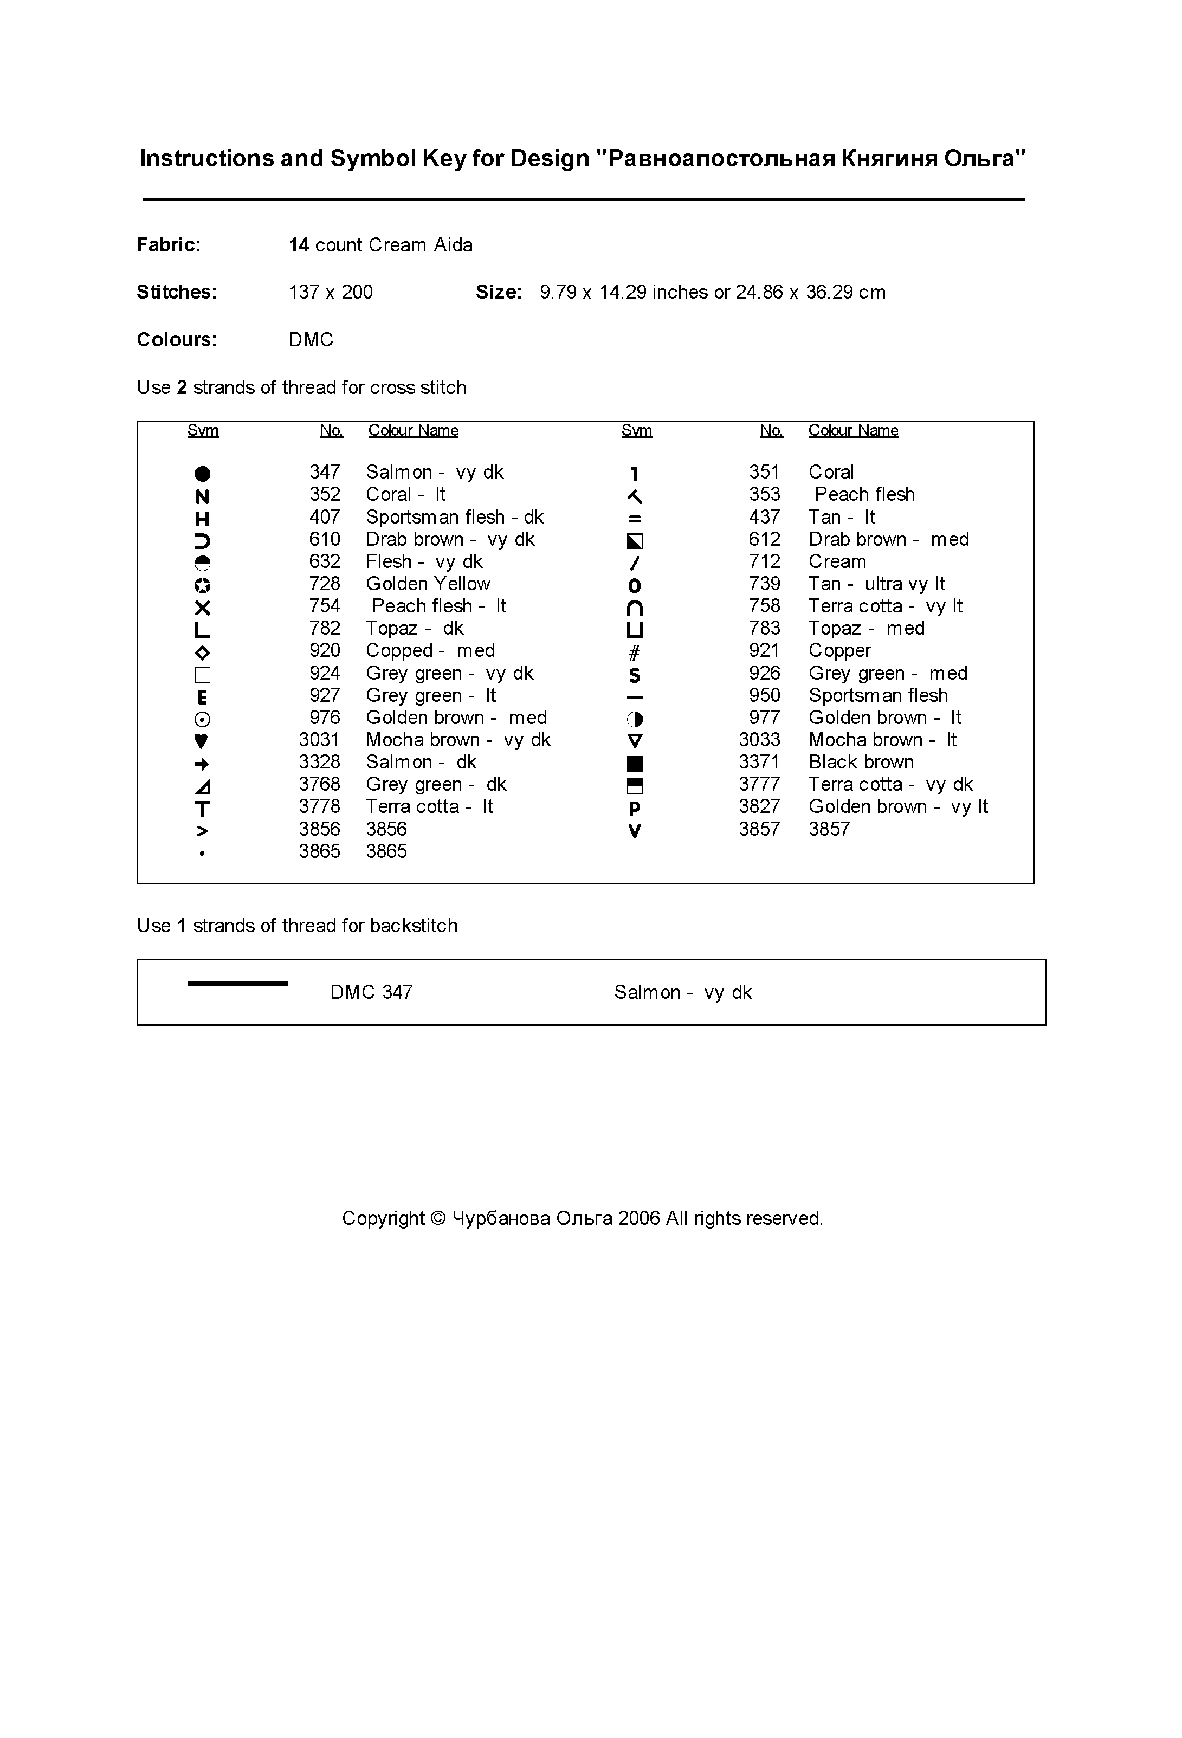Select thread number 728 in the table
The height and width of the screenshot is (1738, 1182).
click(x=324, y=584)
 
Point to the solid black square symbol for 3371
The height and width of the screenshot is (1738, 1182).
click(x=635, y=764)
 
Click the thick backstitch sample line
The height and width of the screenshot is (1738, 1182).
click(x=237, y=984)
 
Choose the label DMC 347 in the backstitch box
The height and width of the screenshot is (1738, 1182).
click(x=371, y=992)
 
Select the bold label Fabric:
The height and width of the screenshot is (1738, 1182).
click(x=169, y=245)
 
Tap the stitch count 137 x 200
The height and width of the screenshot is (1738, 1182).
click(x=331, y=293)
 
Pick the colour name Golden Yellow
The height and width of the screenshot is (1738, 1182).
click(x=428, y=584)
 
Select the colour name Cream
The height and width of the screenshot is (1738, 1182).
click(x=837, y=561)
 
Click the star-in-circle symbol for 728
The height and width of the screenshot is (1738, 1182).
click(x=202, y=585)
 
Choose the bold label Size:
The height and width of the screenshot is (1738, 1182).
click(x=498, y=293)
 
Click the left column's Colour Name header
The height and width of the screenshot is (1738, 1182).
click(x=413, y=431)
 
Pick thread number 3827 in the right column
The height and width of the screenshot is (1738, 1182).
click(x=759, y=807)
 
